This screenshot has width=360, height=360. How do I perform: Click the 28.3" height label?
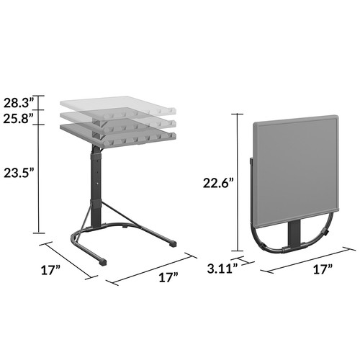click(19, 102)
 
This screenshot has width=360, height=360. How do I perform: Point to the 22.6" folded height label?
click(218, 184)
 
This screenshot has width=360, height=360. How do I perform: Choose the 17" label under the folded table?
click(323, 270)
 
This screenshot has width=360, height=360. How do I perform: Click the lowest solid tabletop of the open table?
click(119, 132)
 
